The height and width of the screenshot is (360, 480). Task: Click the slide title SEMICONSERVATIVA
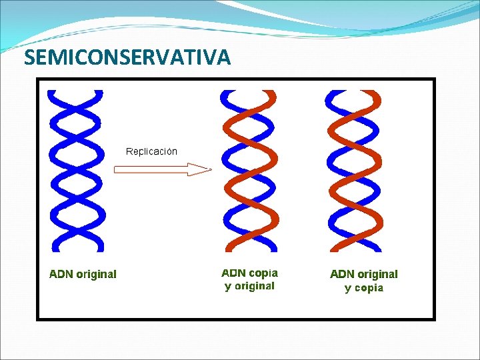pos(127,58)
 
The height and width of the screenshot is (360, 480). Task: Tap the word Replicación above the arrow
pos(152,151)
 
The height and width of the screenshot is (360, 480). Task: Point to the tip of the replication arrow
pos(209,169)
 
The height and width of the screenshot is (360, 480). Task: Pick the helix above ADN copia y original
pos(249,171)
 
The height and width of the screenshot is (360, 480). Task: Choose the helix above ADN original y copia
pos(353,171)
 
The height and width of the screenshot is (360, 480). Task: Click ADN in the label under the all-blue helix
pos(62,274)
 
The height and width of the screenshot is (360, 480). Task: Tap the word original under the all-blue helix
pos(97,274)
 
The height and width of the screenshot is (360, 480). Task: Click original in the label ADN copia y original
pos(253,286)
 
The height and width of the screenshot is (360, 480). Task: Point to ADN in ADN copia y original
pos(233,273)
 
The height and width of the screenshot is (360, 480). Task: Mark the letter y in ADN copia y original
pos(228,287)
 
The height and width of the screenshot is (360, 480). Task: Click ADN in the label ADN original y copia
pos(343,274)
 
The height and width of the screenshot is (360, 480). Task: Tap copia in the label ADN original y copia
pos(369,288)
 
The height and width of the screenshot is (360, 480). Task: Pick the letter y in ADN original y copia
pos(347,289)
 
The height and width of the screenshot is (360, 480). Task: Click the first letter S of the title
pos(29,58)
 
